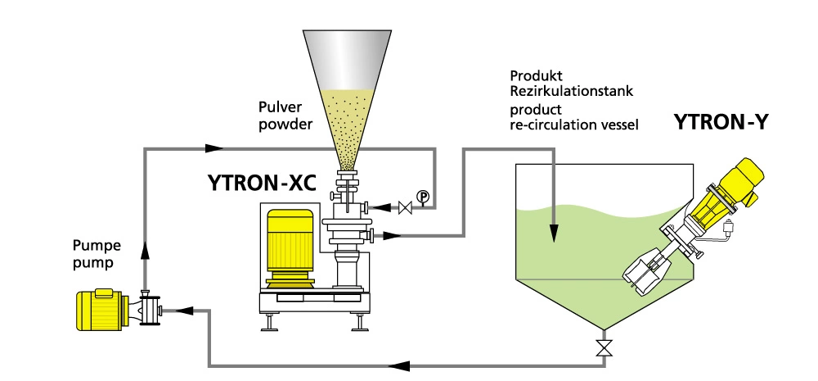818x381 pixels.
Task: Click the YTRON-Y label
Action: point(720,124)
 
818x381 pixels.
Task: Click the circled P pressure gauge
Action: point(422,196)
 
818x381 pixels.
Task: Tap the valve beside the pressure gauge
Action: point(403,207)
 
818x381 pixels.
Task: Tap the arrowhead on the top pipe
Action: point(214,148)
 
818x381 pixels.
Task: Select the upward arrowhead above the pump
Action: point(145,249)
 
